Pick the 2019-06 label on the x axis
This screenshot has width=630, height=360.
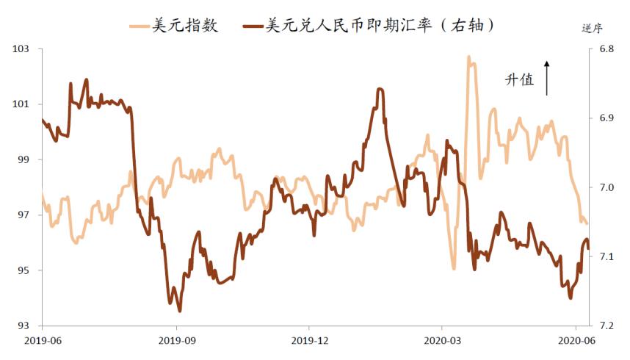tap(43, 340)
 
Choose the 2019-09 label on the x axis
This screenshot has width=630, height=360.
tap(176, 340)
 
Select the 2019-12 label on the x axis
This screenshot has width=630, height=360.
tap(309, 340)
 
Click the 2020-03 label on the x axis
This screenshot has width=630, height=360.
tap(442, 340)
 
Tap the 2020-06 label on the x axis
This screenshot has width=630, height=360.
tap(576, 340)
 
